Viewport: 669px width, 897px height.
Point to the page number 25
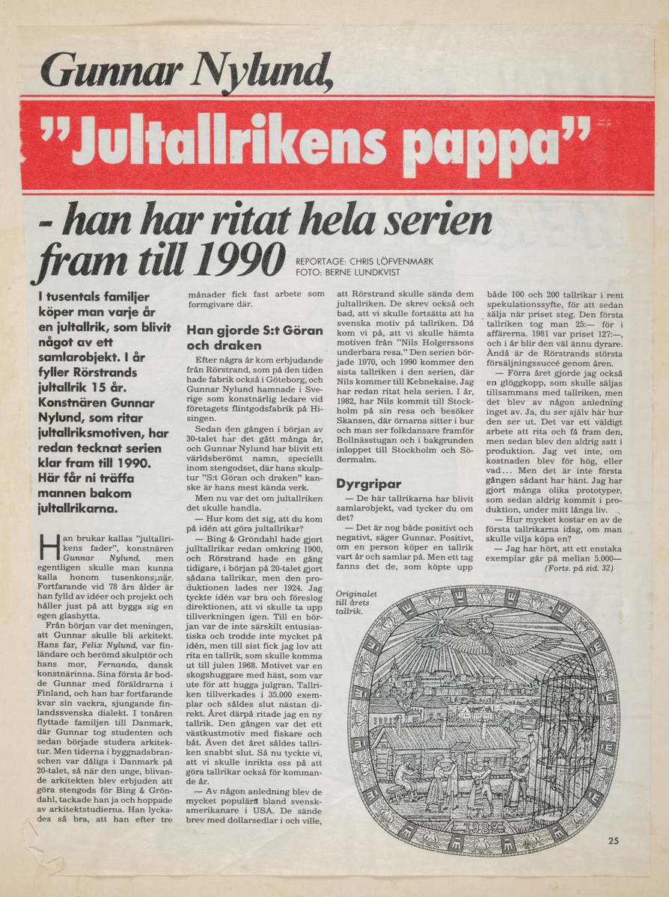tap(613, 841)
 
